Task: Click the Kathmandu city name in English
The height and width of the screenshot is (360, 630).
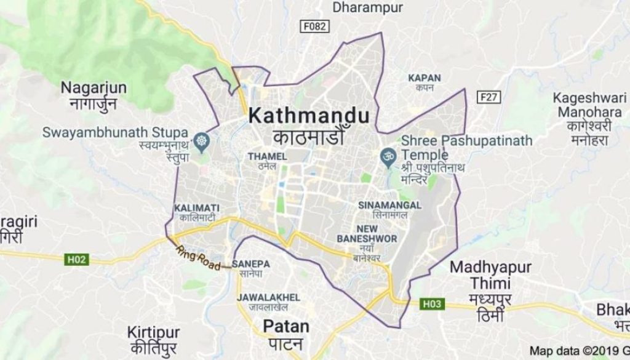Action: pos(309,115)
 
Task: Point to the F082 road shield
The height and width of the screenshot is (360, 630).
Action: pos(315,26)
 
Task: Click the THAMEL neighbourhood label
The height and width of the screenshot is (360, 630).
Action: pos(267,156)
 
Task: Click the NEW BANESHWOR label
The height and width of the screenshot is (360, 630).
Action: pos(367,233)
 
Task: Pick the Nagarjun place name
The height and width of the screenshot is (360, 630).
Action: pos(94,88)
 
